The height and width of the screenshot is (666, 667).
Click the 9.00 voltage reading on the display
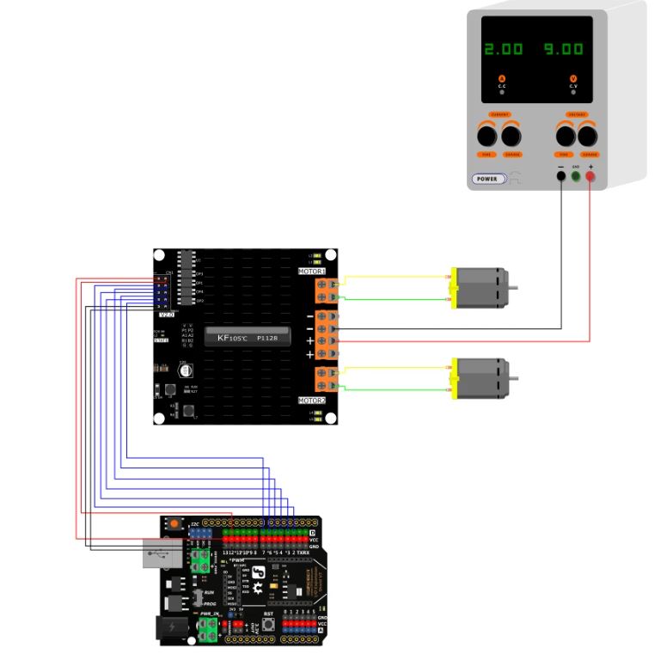pyautogui.click(x=563, y=49)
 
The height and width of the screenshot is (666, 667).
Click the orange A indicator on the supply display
pyautogui.click(x=502, y=79)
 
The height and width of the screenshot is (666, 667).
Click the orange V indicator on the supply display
pyautogui.click(x=573, y=79)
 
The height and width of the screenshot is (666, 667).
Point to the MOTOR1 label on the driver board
pyautogui.click(x=312, y=272)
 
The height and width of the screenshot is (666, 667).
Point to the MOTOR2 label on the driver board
pyautogui.click(x=312, y=400)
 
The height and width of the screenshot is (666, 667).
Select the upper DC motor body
pyautogui.click(x=480, y=288)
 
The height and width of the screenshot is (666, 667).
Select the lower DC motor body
pyautogui.click(x=480, y=378)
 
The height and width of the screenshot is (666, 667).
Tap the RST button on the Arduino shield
pyautogui.click(x=268, y=622)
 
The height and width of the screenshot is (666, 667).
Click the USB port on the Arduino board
pyautogui.click(x=160, y=554)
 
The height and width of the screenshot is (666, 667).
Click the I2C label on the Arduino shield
pyautogui.click(x=195, y=522)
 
